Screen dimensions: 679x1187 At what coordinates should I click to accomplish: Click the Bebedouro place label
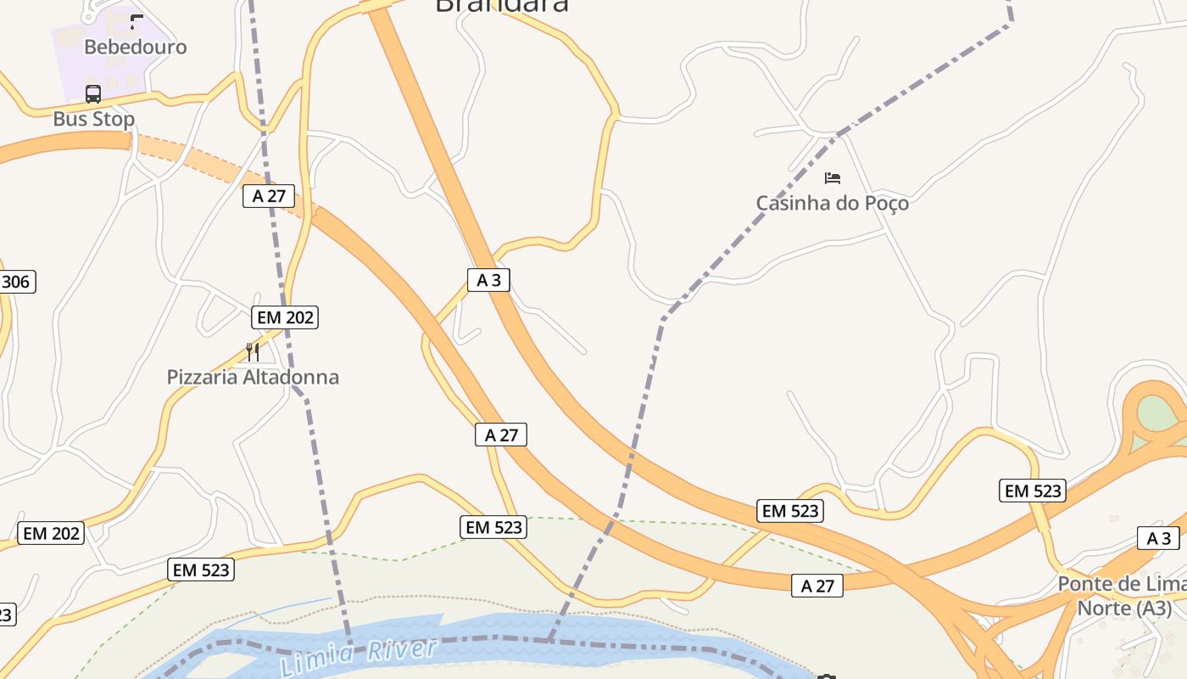[x=135, y=47]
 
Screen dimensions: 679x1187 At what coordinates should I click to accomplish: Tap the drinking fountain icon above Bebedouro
[x=137, y=21]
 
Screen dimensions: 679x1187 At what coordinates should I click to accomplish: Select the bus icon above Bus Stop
[x=93, y=93]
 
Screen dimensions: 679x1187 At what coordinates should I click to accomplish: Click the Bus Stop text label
[x=93, y=119]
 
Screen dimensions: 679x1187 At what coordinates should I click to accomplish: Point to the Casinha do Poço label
[x=832, y=203]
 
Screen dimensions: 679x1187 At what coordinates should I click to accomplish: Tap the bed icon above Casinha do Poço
[x=833, y=178]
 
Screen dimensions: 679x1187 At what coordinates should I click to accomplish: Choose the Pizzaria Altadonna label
[x=253, y=377]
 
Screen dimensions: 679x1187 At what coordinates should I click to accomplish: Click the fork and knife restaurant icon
[x=252, y=351]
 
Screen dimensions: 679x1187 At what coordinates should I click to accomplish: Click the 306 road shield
[x=16, y=282]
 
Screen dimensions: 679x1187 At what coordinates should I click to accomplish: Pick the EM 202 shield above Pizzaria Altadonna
[x=285, y=317]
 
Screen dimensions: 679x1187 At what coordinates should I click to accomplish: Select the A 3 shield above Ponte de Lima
[x=1158, y=538]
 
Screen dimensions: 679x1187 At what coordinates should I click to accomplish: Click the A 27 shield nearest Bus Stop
[x=269, y=196]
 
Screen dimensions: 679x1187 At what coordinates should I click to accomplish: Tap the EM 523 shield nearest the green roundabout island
[x=1033, y=491]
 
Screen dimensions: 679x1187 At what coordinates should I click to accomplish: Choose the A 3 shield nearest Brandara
[x=488, y=280]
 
